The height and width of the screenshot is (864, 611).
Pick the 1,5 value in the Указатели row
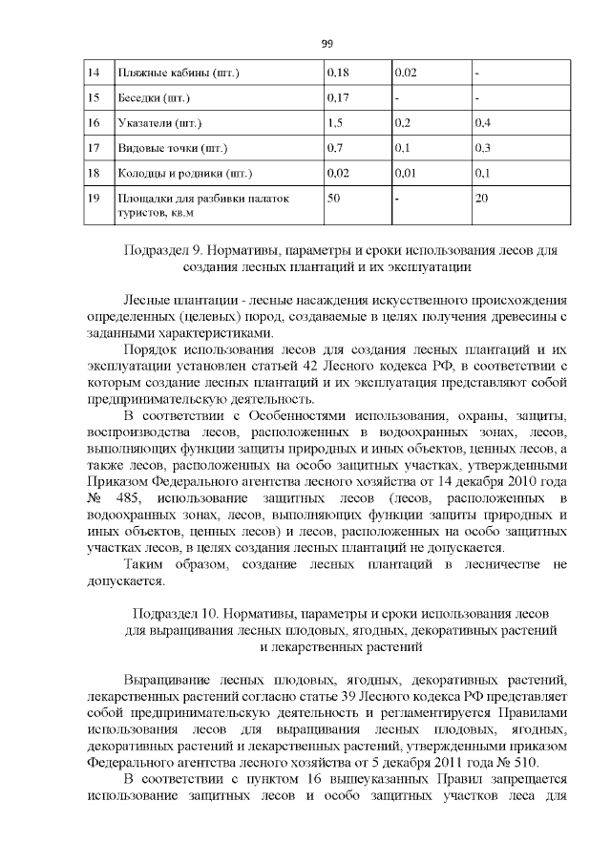(x=334, y=123)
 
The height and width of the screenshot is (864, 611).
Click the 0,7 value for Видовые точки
(x=334, y=149)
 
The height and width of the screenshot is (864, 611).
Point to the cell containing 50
(x=334, y=198)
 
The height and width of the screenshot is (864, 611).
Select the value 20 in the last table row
(x=482, y=198)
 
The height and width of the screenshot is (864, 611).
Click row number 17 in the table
(x=94, y=149)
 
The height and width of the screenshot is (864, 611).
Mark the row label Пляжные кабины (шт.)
(x=177, y=73)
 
